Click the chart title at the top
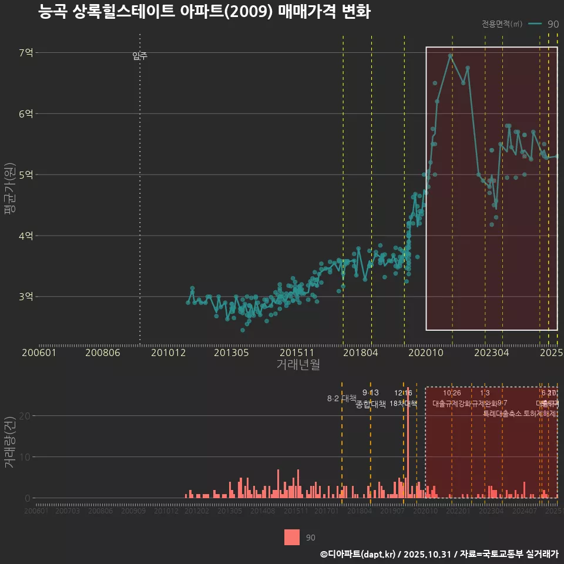pyautogui.click(x=204, y=12)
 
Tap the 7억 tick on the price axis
pyautogui.click(x=26, y=53)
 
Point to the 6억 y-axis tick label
pyautogui.click(x=26, y=113)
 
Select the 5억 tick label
pyautogui.click(x=26, y=174)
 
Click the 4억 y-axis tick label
pyautogui.click(x=26, y=236)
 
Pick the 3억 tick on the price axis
pyautogui.click(x=26, y=297)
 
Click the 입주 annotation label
pyautogui.click(x=140, y=56)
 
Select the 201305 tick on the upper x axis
pyautogui.click(x=231, y=352)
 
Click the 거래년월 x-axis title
pyautogui.click(x=298, y=364)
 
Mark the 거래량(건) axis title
pyautogui.click(x=9, y=442)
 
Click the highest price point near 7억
pyautogui.click(x=451, y=56)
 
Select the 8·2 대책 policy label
pyautogui.click(x=342, y=398)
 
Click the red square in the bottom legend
pyautogui.click(x=291, y=538)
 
